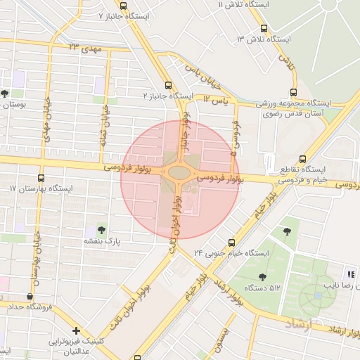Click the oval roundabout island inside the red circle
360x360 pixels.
179,172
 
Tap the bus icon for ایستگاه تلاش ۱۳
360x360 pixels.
264,29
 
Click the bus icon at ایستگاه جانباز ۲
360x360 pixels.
167,85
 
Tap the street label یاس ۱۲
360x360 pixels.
217,102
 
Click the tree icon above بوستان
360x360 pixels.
5,93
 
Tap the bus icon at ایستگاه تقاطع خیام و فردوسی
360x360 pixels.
302,159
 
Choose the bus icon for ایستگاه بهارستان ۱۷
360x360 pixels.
40,178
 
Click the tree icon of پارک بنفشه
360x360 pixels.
103,229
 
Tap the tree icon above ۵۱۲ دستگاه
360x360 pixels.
263,277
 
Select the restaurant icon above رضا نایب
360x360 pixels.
350,274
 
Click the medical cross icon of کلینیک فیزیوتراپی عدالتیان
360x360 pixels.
76,330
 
